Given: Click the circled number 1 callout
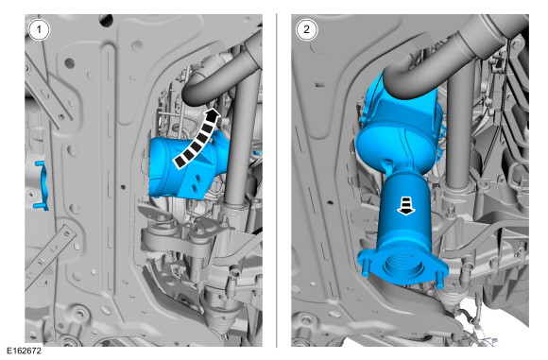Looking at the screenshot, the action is (x=39, y=29).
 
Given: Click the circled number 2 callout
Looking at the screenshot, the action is (x=306, y=29).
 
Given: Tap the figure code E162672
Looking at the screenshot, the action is (x=25, y=351).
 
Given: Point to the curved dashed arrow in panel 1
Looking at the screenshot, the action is (x=197, y=140).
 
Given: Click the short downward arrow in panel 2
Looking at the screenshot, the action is (x=405, y=206).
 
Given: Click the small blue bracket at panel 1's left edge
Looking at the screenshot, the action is (x=42, y=185).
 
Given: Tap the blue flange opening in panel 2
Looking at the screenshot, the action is (x=402, y=266).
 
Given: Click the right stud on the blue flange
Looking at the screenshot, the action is (x=439, y=280).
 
